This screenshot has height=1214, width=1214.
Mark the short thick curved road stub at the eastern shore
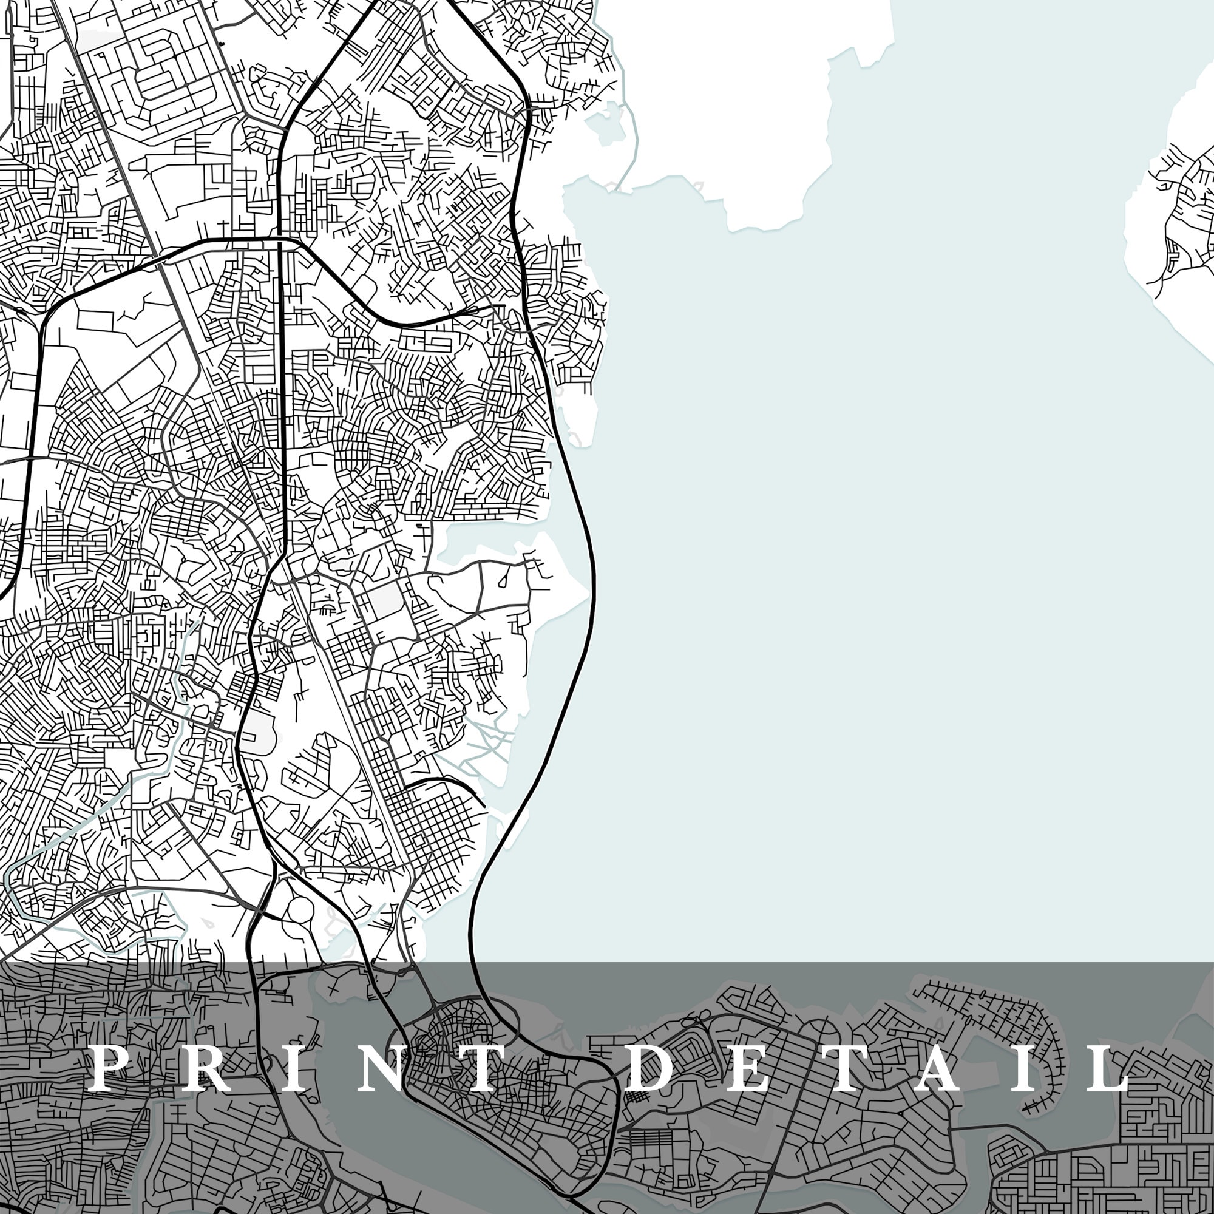coord(449,785)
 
